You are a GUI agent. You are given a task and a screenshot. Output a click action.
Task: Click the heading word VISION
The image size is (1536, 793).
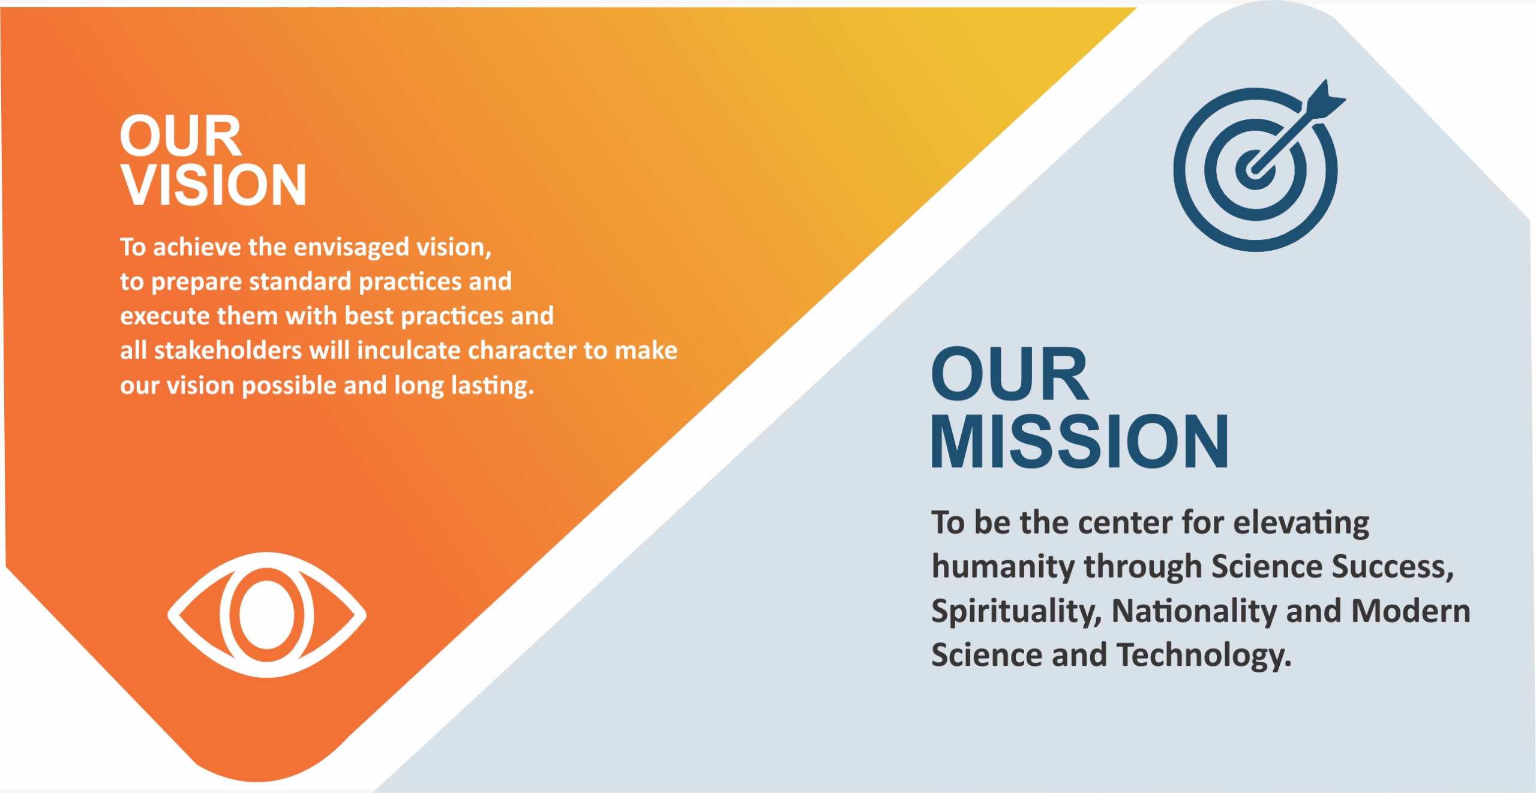[214, 185]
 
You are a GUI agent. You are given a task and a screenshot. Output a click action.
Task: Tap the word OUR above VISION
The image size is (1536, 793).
[180, 136]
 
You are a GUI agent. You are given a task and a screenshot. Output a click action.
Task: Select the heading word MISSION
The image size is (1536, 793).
[1079, 441]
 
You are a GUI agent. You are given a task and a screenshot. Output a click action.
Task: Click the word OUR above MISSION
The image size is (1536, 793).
[1009, 374]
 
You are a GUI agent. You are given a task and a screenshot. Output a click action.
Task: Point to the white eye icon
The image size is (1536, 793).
[266, 615]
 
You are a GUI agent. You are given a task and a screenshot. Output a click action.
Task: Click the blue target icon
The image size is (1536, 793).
[1255, 170]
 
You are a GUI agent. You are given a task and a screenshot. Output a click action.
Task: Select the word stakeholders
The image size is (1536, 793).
[227, 350]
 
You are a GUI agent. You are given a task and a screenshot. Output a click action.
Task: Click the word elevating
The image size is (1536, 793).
[1301, 523]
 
